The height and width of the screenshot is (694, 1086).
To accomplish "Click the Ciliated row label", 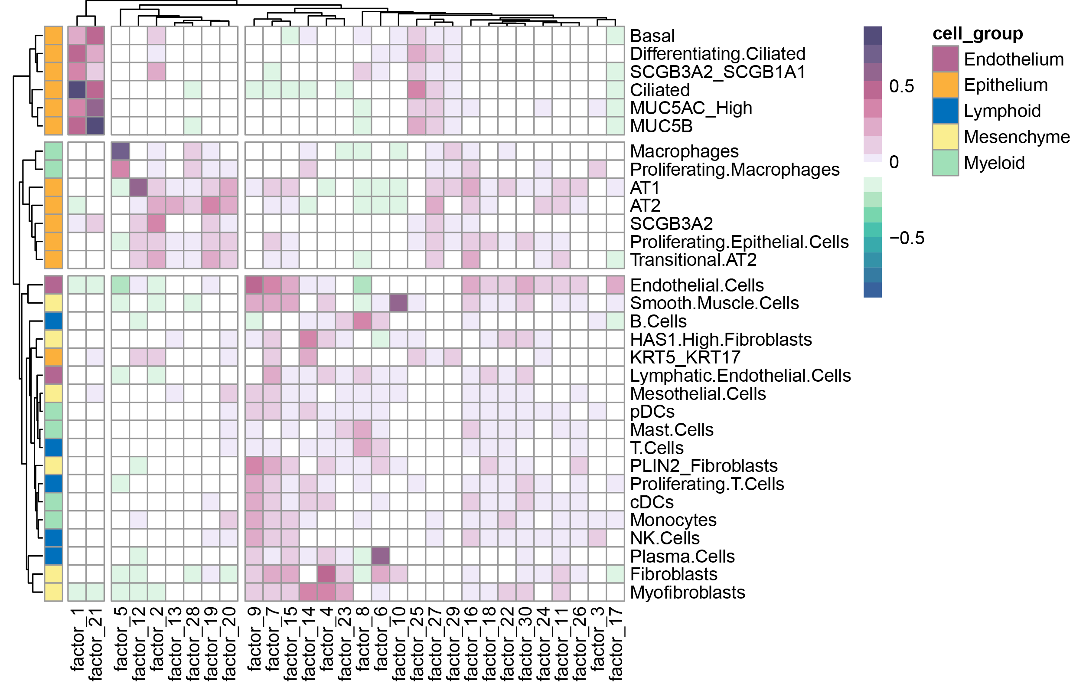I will (x=659, y=90).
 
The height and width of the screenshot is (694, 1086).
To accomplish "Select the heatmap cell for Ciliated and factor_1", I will (x=77, y=90).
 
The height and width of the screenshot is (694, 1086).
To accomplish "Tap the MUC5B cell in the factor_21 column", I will (x=95, y=126).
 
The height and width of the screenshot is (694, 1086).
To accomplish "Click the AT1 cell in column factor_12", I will (x=138, y=187).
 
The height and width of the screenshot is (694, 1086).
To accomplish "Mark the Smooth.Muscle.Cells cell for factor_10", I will (x=399, y=303).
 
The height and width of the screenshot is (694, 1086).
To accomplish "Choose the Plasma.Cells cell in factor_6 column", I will (x=381, y=556).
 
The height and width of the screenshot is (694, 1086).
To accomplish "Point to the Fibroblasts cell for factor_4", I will (x=326, y=574).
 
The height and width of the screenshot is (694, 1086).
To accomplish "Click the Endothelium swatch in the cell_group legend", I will (x=945, y=59).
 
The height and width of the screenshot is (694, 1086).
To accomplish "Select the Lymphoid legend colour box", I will (x=945, y=111).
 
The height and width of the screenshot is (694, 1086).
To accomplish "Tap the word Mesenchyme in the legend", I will (x=1017, y=137).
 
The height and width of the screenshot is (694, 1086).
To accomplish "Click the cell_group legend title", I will (x=977, y=34).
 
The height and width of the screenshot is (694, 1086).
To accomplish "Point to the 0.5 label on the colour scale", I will (x=901, y=86).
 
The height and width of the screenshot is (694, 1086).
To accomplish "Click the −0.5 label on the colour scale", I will (x=907, y=238).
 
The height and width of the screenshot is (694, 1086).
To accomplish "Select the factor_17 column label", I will (x=616, y=643).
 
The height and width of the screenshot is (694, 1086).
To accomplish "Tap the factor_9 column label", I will (x=254, y=638).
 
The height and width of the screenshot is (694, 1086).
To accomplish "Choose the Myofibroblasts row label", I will (x=687, y=593).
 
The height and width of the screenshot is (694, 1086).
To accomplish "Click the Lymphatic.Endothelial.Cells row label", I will (x=740, y=376).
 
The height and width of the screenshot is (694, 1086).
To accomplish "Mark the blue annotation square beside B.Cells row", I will (x=54, y=321).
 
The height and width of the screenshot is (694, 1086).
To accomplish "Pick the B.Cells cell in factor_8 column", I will (x=362, y=321).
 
